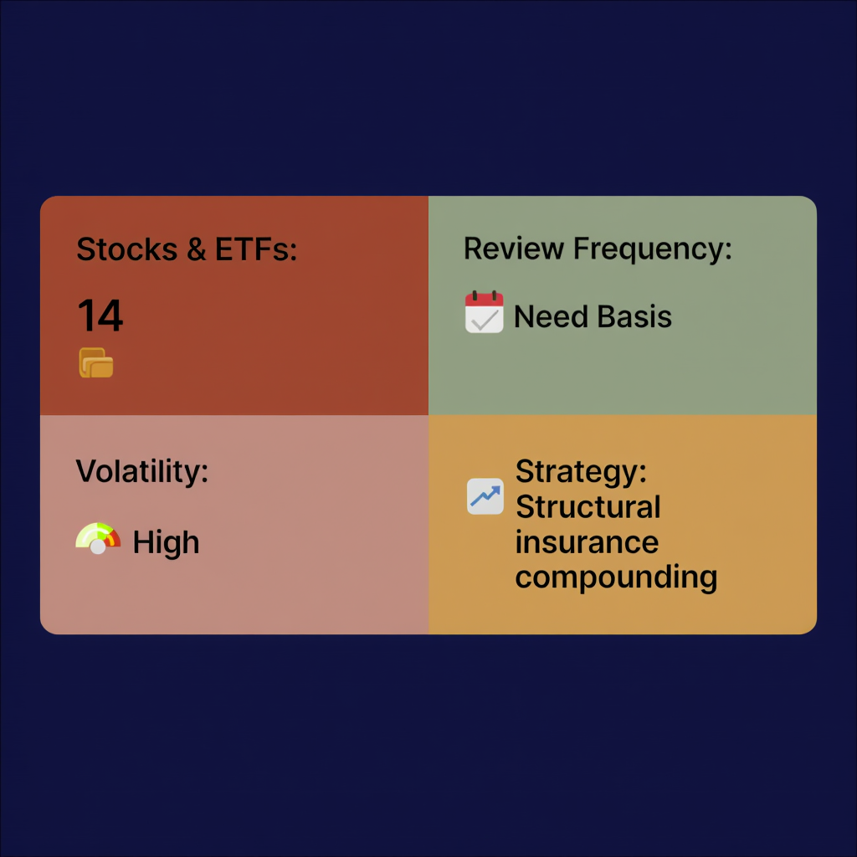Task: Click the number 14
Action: tap(100, 316)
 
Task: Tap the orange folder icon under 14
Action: tap(96, 362)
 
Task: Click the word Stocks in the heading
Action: tap(126, 249)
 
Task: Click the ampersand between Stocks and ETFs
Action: tap(197, 249)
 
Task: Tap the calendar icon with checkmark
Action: tap(485, 313)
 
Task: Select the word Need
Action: tap(547, 316)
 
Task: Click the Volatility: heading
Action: tap(142, 471)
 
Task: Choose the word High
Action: tap(166, 542)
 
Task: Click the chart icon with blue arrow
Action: tap(485, 496)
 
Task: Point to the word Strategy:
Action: tap(581, 471)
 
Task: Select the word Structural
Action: tap(588, 507)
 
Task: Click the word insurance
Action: tap(587, 542)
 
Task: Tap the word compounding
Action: tap(616, 577)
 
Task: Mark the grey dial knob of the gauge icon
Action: tap(98, 546)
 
